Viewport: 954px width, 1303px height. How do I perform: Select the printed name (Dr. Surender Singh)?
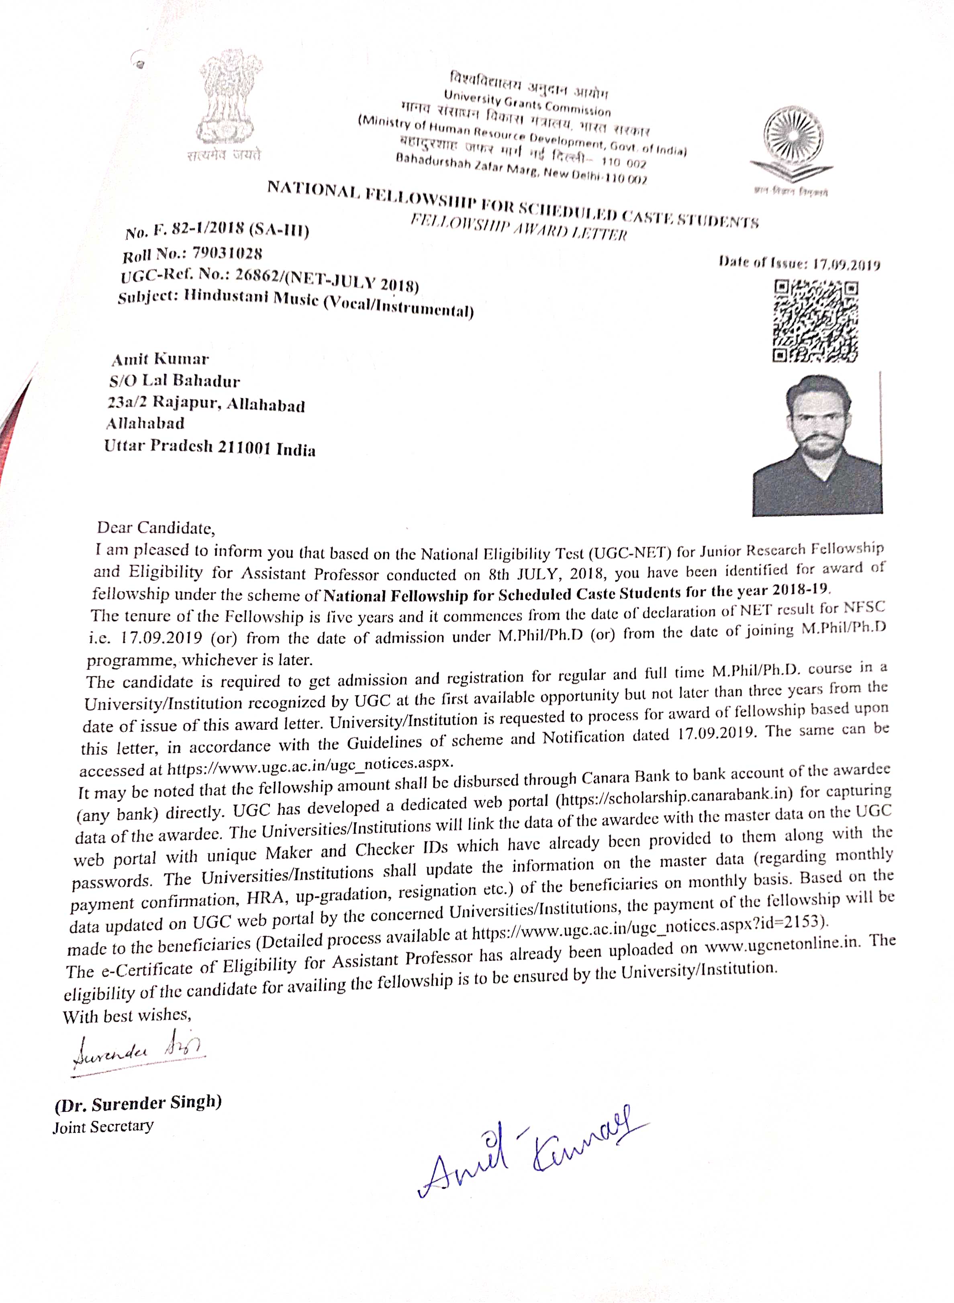pyautogui.click(x=138, y=1104)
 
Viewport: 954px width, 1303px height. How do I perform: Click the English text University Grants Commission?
pyautogui.click(x=527, y=103)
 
